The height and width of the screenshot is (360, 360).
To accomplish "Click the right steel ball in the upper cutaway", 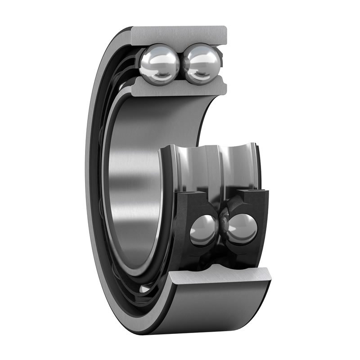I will coord(202,64).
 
